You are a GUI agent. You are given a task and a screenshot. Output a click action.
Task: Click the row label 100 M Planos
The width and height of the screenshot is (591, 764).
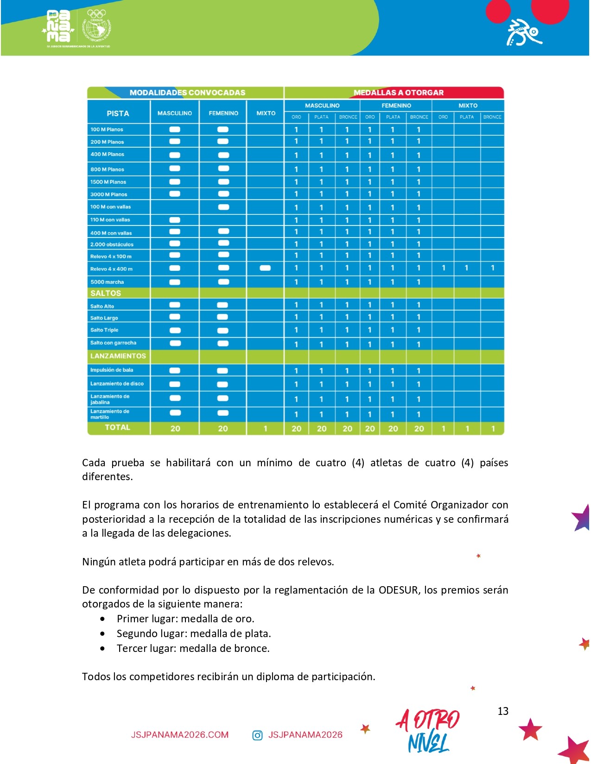(107, 130)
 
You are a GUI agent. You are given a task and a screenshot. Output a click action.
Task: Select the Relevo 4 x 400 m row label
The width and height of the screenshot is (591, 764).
(111, 269)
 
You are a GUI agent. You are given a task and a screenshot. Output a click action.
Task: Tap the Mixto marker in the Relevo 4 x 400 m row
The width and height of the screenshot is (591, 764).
(265, 268)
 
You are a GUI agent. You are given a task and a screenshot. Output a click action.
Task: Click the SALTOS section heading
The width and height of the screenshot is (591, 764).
(106, 293)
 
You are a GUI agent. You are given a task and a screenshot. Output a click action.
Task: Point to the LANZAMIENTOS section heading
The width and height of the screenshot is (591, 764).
(118, 356)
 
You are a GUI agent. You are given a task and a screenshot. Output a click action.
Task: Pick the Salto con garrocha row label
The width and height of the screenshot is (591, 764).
(113, 343)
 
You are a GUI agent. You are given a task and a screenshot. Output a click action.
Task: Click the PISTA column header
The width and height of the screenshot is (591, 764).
(118, 113)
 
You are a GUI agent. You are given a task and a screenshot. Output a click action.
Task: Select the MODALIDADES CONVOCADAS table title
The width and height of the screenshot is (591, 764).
(187, 93)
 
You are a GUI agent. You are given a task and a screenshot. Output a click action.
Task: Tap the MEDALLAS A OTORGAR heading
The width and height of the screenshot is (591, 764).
(398, 93)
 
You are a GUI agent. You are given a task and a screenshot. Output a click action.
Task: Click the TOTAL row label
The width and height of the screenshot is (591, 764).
(117, 427)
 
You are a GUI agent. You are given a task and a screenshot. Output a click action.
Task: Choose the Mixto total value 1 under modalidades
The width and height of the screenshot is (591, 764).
(265, 429)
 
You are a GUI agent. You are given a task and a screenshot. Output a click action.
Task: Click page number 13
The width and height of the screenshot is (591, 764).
(503, 711)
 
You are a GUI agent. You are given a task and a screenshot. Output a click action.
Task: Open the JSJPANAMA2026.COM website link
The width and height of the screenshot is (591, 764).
(180, 735)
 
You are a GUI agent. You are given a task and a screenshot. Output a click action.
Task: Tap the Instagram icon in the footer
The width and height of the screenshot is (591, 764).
(257, 735)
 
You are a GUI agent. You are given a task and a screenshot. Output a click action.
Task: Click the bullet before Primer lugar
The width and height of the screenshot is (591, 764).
(102, 619)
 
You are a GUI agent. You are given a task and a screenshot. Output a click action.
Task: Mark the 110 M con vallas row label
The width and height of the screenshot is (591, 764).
(110, 220)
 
